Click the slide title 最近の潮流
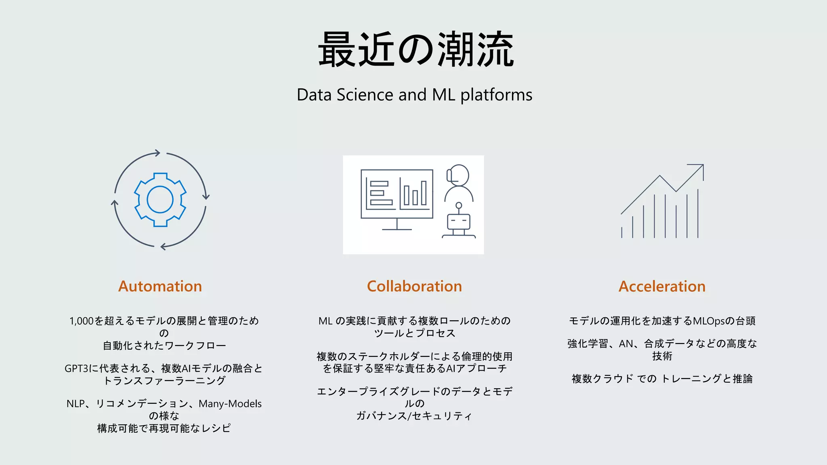click(x=416, y=50)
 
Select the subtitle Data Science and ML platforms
click(x=414, y=95)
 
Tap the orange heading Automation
click(x=160, y=286)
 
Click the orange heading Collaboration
click(x=414, y=286)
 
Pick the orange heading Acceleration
click(x=662, y=286)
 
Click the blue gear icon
click(x=160, y=200)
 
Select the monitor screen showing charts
click(x=397, y=194)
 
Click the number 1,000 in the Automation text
click(x=82, y=321)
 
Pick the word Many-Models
click(x=230, y=404)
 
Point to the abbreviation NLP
click(x=76, y=404)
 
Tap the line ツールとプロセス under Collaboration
click(x=414, y=333)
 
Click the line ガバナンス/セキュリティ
click(x=414, y=416)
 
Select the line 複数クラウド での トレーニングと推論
click(x=662, y=379)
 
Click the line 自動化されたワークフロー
click(x=164, y=346)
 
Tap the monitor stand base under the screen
click(x=397, y=229)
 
